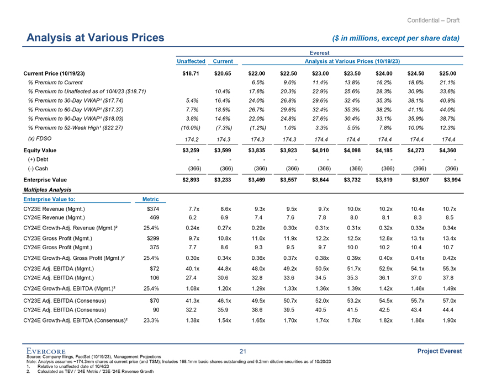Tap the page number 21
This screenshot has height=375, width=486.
243,352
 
